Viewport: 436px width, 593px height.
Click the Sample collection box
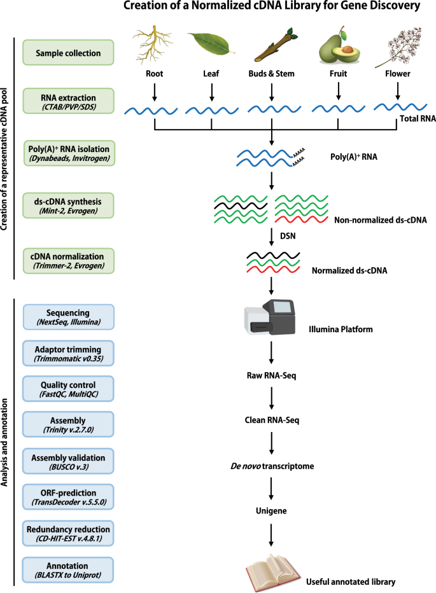pyautogui.click(x=68, y=53)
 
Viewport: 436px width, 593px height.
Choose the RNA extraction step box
pyautogui.click(x=69, y=101)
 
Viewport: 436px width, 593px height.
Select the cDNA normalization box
pyautogui.click(x=68, y=261)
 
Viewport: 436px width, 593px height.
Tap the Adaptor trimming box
pyautogui.click(x=68, y=353)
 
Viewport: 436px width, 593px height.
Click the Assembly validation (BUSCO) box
pyautogui.click(x=68, y=461)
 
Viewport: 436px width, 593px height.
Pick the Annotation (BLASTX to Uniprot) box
pyautogui.click(x=67, y=570)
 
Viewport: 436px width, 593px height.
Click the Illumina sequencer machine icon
pyautogui.click(x=269, y=317)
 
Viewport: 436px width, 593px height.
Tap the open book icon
pyautogui.click(x=273, y=573)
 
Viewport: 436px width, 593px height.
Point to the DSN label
pyautogui.click(x=288, y=236)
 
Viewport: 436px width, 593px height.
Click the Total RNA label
pyautogui.click(x=418, y=119)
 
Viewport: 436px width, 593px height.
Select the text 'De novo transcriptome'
pyautogui.click(x=272, y=466)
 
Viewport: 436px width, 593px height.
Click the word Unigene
pyautogui.click(x=271, y=511)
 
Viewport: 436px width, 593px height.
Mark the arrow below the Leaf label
pyautogui.click(x=211, y=92)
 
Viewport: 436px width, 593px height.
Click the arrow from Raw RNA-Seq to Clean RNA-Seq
pyautogui.click(x=272, y=398)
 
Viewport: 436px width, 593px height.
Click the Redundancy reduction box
pyautogui.click(x=68, y=534)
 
